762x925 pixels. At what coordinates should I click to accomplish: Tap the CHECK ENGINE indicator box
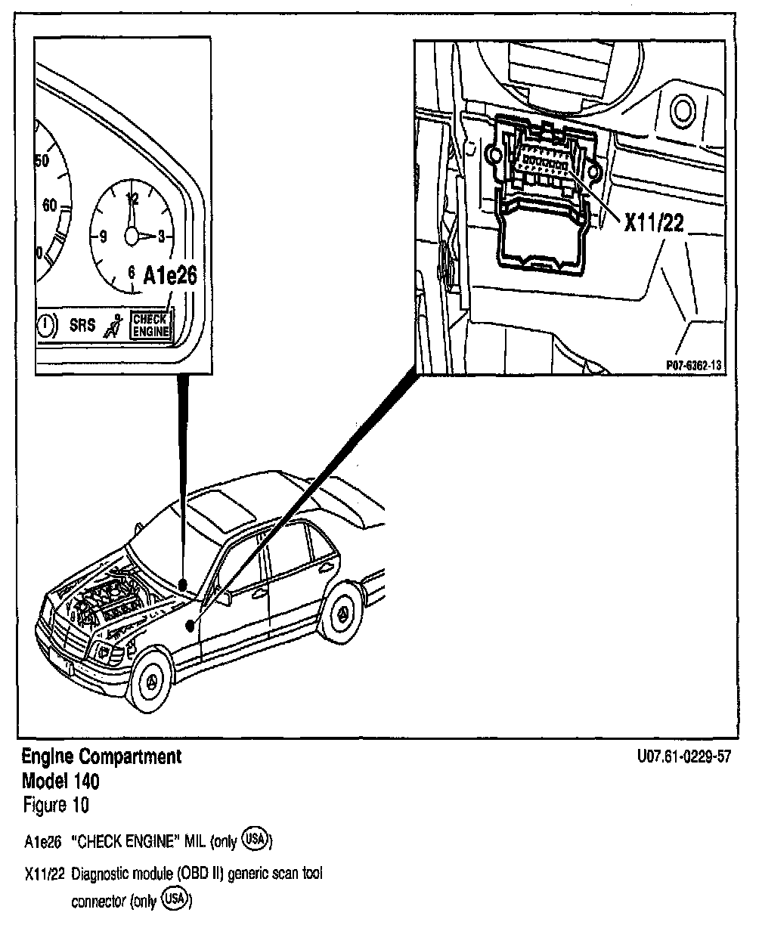(x=150, y=325)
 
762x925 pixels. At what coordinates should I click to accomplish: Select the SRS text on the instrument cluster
(x=82, y=326)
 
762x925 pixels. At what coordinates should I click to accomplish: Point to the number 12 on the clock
(x=133, y=200)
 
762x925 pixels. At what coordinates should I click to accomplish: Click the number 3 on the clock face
(x=161, y=237)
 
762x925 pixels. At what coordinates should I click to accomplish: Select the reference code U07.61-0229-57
(x=684, y=757)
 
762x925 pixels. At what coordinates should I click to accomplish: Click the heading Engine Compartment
(x=101, y=756)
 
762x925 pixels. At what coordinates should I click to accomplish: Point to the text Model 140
(x=60, y=780)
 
